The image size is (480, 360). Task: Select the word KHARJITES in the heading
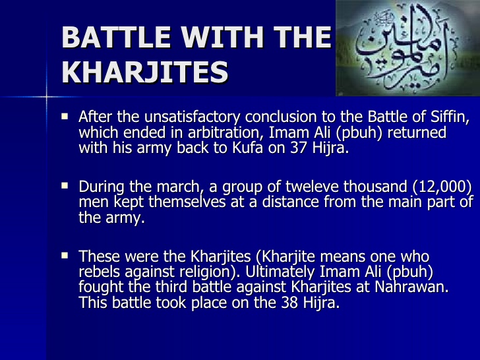[145, 71]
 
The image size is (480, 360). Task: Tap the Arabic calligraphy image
[407, 47]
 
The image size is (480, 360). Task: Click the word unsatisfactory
[181, 118]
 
